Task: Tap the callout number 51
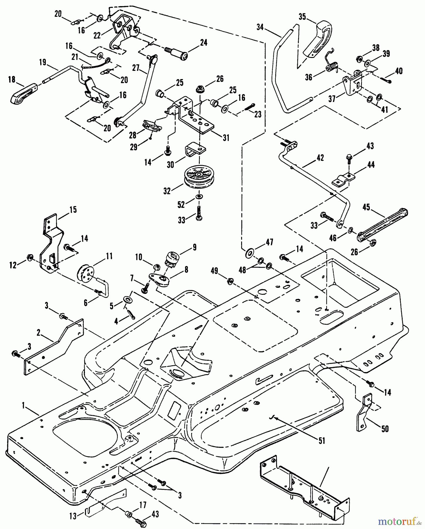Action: click(322, 441)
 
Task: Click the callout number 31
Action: click(226, 137)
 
